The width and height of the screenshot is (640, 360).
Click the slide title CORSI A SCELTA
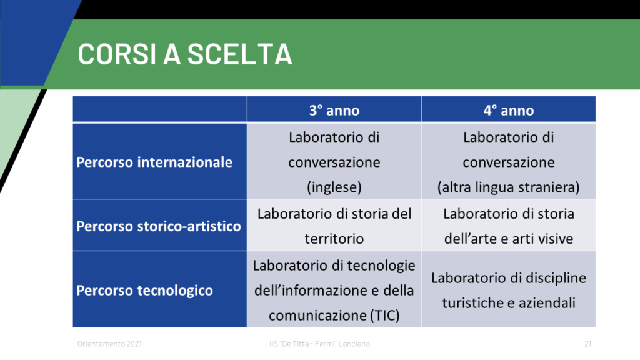coord(185,54)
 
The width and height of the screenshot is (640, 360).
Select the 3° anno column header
coord(334,110)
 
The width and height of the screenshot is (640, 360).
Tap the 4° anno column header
coord(509,110)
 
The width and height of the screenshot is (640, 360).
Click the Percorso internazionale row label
coord(154,162)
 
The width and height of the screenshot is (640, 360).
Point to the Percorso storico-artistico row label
coord(159,226)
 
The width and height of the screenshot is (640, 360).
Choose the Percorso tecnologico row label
coord(144,290)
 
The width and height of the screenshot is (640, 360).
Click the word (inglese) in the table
coord(334,187)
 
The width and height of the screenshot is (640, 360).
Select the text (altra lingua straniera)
coord(509,187)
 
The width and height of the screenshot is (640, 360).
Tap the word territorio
coord(334,238)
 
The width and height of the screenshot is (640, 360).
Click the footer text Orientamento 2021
coord(110,344)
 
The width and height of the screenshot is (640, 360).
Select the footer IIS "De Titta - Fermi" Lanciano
coord(319,344)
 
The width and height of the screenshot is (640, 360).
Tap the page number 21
coord(587,344)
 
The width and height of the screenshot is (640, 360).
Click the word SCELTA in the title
coord(240,54)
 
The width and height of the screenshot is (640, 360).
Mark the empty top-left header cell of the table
coord(160,109)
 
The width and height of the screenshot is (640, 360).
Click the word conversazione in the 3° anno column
coord(334,162)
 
